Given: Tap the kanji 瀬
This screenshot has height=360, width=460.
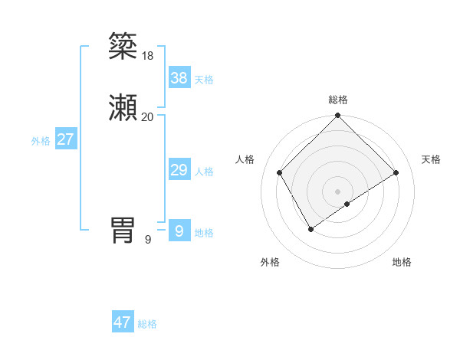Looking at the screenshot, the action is [123, 109].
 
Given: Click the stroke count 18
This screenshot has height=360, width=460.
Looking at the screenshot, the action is [147, 55].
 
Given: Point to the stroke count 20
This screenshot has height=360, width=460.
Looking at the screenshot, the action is [147, 117].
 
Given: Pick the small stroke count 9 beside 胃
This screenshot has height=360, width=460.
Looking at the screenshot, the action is [148, 240].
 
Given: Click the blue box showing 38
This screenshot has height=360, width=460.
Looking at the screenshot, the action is [179, 77].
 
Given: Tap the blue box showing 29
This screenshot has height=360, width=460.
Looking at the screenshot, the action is [179, 170].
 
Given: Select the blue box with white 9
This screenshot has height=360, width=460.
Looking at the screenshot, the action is [179, 231].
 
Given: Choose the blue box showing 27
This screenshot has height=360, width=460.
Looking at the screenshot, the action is [65, 139].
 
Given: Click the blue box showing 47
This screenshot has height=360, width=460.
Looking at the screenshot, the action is [122, 322].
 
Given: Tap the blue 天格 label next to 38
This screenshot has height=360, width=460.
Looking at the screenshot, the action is [204, 79].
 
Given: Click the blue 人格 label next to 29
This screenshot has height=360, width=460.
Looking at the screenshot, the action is [204, 172].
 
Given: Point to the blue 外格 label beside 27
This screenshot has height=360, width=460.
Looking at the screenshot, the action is [41, 141].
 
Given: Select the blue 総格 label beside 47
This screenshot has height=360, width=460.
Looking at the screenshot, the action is [147, 324].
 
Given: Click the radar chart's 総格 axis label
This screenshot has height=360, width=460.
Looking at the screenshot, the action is [337, 100].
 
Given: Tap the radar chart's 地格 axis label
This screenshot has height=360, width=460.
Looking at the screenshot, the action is [402, 262].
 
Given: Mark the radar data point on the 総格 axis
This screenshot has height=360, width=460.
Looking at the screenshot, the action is [337, 116].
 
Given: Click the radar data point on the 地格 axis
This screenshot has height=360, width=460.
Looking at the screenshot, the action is [347, 204].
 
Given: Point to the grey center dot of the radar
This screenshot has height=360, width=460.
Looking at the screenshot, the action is [337, 191].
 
